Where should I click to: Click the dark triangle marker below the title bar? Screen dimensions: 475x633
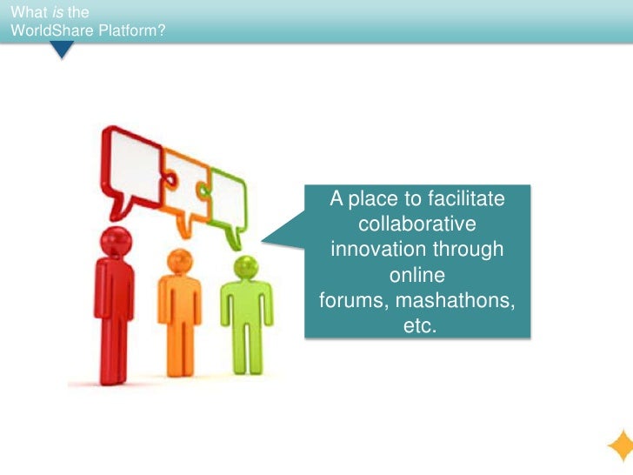tap(62, 50)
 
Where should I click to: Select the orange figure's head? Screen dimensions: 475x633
tap(179, 261)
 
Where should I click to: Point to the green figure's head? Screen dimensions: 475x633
tap(246, 267)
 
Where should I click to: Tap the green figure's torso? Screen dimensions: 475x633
tap(246, 304)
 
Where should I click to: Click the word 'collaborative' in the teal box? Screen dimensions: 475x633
tap(417, 224)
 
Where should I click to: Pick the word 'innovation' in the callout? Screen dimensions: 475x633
tap(376, 250)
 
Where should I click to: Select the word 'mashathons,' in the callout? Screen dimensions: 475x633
tap(462, 301)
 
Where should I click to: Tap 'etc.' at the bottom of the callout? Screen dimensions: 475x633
tap(418, 326)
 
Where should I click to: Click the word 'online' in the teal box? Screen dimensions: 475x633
tap(417, 276)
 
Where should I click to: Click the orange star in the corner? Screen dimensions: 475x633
tap(620, 446)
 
